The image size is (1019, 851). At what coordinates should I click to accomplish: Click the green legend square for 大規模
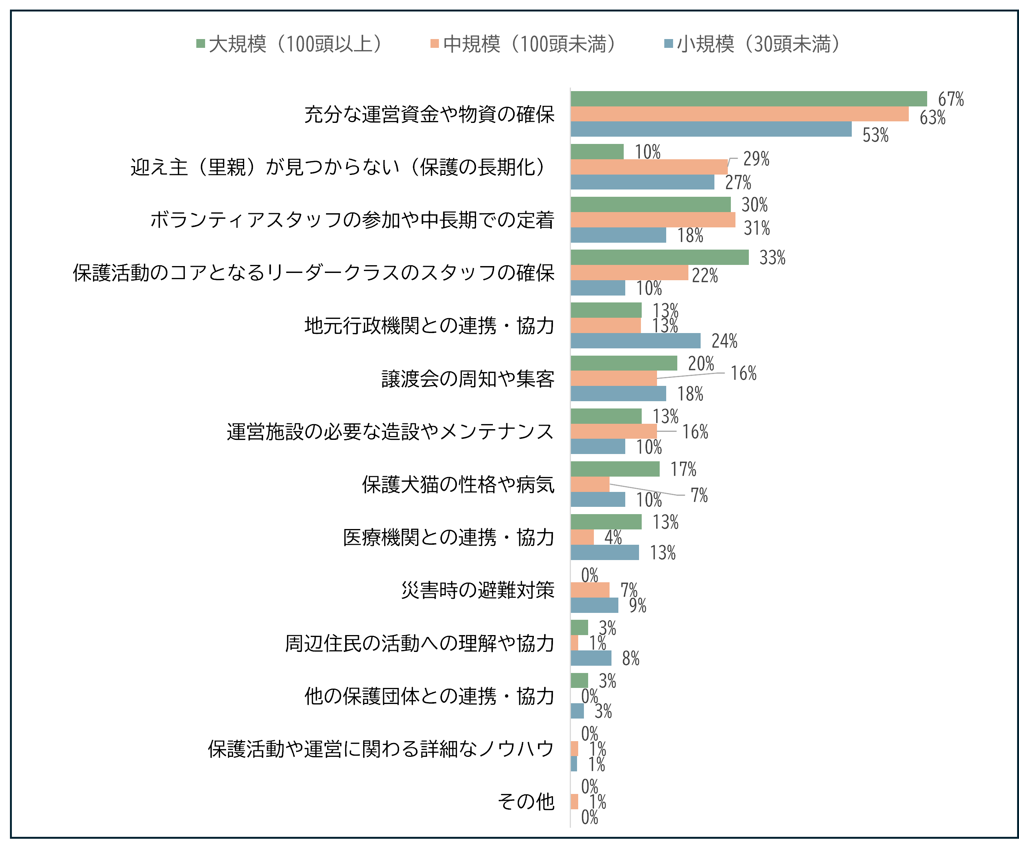tap(201, 44)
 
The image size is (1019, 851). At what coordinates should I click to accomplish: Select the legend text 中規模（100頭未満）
tap(530, 44)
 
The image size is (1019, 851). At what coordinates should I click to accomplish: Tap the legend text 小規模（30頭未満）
tap(758, 44)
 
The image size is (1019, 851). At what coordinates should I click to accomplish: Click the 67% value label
tap(951, 99)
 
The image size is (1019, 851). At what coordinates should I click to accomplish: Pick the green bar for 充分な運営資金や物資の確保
tap(748, 98)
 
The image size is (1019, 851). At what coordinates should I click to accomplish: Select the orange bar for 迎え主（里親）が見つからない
tap(649, 167)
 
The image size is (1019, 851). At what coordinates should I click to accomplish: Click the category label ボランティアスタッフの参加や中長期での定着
tap(352, 220)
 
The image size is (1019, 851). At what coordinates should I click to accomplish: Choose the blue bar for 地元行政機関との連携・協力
tap(635, 341)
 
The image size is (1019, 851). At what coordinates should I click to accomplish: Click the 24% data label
tap(724, 341)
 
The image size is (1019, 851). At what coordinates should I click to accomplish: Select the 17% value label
tap(683, 469)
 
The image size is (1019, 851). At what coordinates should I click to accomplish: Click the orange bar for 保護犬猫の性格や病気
tap(590, 484)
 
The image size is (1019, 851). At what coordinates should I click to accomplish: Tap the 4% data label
tap(613, 537)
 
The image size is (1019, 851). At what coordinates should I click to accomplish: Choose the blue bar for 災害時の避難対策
tap(594, 605)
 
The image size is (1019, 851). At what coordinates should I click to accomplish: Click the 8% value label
tap(630, 658)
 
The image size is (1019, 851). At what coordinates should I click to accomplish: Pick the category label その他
tap(525, 802)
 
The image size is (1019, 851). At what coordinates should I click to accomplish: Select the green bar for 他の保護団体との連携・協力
tap(579, 681)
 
